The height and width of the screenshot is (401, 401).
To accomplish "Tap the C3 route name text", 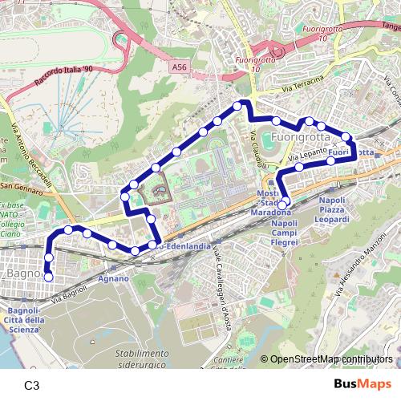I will click(32, 385).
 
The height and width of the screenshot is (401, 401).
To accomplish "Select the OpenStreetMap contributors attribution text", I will click(331, 360).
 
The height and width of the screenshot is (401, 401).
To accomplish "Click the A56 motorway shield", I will click(180, 70).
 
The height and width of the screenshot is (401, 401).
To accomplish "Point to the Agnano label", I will click(113, 278).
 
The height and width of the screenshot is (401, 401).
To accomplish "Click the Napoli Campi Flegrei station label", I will click(284, 233).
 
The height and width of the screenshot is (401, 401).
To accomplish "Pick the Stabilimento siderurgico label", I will click(141, 358).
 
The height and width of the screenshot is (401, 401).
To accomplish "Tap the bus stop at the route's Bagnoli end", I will click(48, 277).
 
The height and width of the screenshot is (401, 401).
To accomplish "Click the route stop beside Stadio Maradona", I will click(282, 205).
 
